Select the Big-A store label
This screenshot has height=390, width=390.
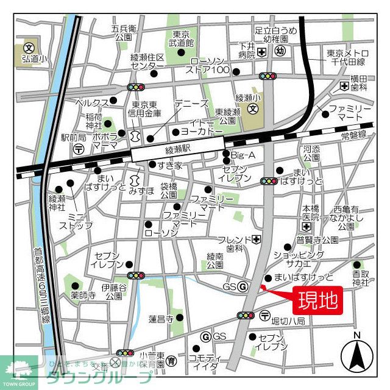click(243, 155)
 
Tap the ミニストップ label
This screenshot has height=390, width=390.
click(76, 221)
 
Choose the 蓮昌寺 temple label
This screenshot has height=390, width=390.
click(161, 318)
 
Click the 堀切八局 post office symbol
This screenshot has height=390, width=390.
click(264, 315)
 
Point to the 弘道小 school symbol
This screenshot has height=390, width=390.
click(28, 47)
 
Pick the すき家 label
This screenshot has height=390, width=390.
click(169, 165)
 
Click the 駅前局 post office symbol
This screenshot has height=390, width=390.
click(78, 149)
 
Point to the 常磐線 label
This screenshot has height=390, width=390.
click(353, 134)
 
